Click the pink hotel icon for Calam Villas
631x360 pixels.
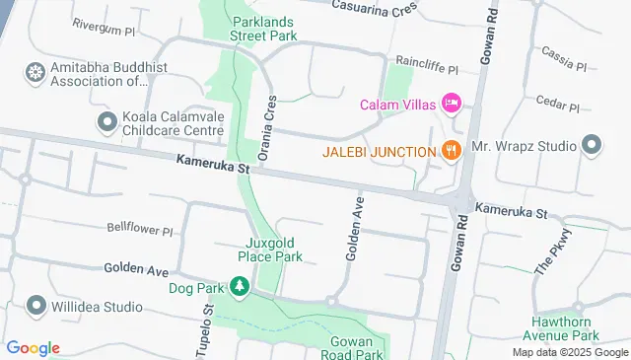[452, 104]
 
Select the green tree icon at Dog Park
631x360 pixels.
[240, 287]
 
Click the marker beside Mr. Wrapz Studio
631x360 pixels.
[592, 146]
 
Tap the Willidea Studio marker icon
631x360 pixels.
[36, 304]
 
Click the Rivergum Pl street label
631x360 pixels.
[104, 31]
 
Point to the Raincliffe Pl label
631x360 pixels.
[427, 70]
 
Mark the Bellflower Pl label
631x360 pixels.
[140, 228]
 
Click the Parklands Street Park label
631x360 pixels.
[263, 28]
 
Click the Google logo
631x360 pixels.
[33, 347]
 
